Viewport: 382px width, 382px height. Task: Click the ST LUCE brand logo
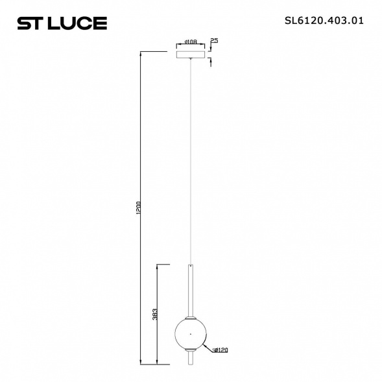point(62,23)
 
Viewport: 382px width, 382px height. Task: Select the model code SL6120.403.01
point(324,20)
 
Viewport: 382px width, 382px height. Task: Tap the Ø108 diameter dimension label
point(191,42)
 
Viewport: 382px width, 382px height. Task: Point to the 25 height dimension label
point(213,41)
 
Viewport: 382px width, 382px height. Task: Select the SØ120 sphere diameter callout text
point(220,350)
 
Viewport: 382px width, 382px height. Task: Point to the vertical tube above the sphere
point(190,289)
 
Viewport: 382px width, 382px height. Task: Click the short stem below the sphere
point(190,359)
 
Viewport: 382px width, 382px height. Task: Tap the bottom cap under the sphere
point(190,352)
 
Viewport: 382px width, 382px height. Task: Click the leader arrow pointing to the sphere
point(209,347)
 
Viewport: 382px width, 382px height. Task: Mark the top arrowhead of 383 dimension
point(160,266)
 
